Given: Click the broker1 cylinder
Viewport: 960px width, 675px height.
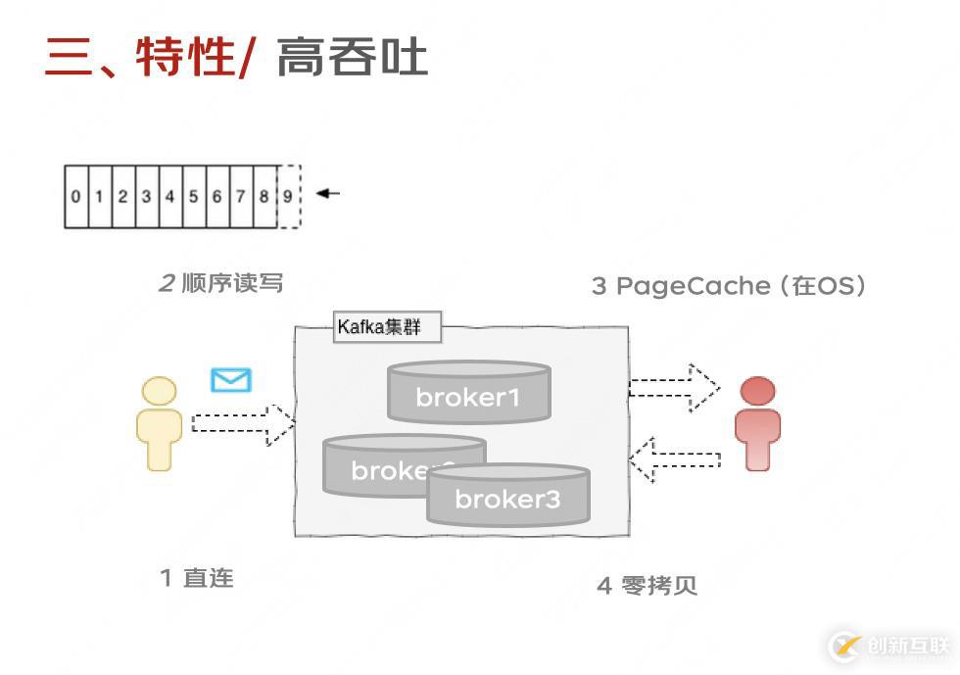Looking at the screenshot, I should (468, 393).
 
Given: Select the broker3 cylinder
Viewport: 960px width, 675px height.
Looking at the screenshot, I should (507, 497).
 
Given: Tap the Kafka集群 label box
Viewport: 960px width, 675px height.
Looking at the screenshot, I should (387, 327).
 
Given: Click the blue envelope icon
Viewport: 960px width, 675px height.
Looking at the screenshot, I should (231, 380).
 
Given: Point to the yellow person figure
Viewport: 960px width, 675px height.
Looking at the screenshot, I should (159, 423).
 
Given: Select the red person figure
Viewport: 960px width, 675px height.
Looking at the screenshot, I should (757, 423).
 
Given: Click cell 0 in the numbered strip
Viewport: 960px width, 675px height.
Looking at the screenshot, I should (75, 196).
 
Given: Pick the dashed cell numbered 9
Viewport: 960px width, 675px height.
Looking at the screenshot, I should (288, 196).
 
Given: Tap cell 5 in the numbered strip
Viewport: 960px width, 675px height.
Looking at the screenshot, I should (193, 196).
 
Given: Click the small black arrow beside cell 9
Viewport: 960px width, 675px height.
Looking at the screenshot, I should (328, 193).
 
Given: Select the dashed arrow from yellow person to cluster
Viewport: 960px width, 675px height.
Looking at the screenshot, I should (242, 423).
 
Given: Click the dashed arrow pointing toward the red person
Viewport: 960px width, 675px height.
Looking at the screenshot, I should (674, 388).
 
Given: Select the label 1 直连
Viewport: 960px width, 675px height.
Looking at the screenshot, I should (197, 578).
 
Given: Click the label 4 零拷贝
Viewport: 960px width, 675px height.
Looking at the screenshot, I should (648, 585).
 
